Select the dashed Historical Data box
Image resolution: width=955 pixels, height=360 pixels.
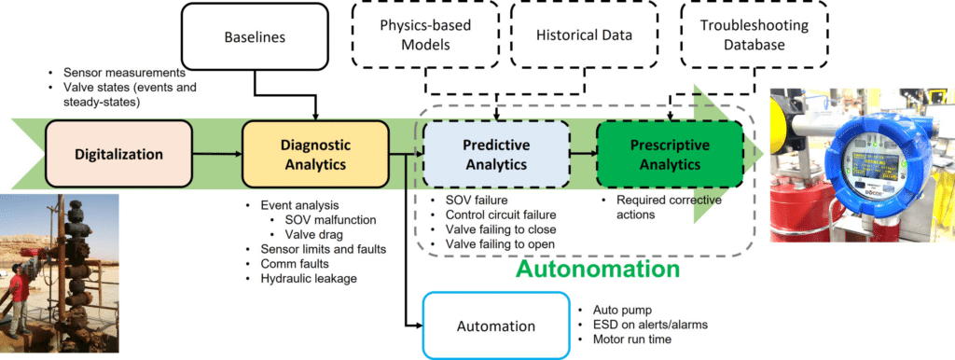[x=584, y=36]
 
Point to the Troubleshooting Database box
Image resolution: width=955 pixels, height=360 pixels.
[x=742, y=36]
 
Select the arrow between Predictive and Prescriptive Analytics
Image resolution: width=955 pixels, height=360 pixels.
[x=583, y=151]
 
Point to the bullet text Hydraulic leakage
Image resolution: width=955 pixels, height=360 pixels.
[x=296, y=279]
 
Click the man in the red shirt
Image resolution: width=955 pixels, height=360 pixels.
[x=20, y=299]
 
